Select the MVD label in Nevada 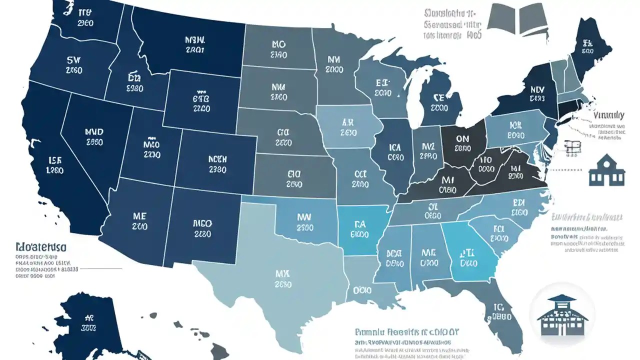pos(94,136)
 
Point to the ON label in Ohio pos(463,142)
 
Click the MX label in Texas pos(283,279)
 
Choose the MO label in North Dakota pos(278,48)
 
